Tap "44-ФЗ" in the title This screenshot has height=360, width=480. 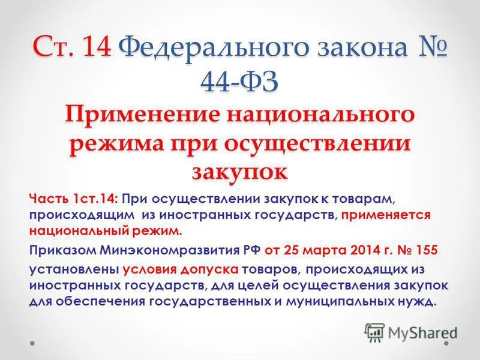coord(239,82)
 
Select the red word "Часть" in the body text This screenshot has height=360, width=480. coord(47,198)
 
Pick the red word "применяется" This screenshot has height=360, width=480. coord(390,214)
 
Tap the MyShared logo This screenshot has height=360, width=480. coord(412,331)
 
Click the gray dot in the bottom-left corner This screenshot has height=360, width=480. coord(34,343)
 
